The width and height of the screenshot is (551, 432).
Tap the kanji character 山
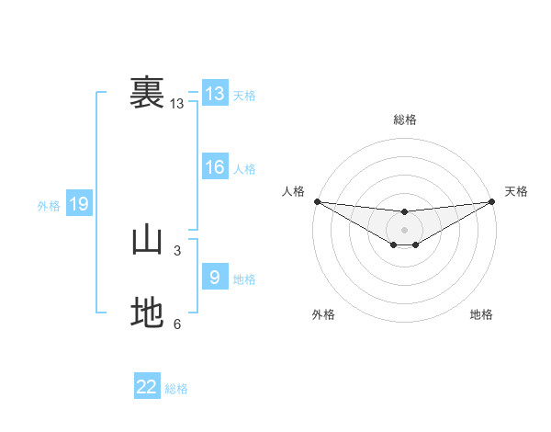147,241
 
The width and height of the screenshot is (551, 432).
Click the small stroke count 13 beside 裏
177,104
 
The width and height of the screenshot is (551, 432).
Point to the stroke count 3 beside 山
177,250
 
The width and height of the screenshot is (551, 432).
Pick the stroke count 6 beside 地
177,324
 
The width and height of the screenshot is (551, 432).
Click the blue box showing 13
215,94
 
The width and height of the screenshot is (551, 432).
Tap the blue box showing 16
215,167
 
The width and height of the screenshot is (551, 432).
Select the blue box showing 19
79,204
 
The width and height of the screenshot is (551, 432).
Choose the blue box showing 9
215,277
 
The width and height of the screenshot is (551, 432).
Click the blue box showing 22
147,387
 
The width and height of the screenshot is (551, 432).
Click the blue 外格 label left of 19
49,206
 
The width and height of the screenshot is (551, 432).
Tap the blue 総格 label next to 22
176,389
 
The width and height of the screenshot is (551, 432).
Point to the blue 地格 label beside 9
244,279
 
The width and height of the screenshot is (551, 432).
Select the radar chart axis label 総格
404,119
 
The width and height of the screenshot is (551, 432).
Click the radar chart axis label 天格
517,191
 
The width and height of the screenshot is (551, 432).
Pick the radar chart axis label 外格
322,315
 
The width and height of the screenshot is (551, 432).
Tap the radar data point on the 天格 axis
492,201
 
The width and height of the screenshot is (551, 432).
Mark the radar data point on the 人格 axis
317,201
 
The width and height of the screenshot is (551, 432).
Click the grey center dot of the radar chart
404,229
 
